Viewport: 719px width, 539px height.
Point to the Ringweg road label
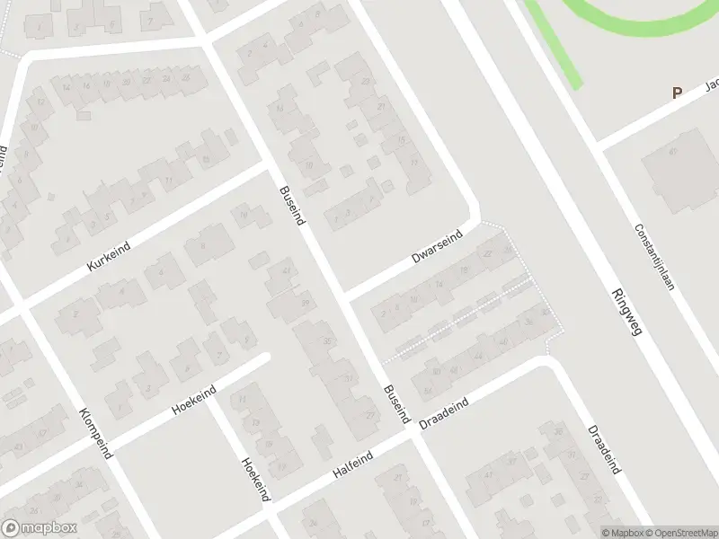(x=626, y=312)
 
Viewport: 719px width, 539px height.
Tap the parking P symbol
(x=677, y=93)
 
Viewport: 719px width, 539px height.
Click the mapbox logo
(x=40, y=528)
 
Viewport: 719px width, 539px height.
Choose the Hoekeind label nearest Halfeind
(x=255, y=479)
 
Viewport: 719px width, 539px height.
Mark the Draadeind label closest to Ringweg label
(x=604, y=449)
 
